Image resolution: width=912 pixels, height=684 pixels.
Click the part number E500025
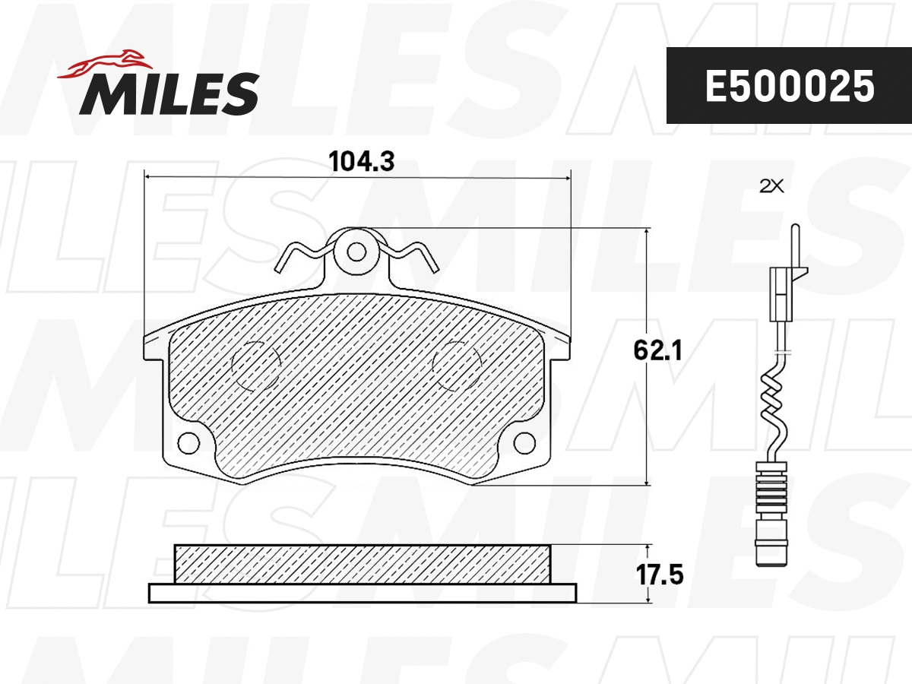point(789,87)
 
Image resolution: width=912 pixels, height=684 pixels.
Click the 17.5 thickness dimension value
point(660,574)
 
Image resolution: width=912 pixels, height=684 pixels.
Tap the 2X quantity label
point(771,186)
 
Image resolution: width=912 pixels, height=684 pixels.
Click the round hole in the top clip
point(356,250)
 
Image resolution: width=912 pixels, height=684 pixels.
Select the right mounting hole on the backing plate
point(525,442)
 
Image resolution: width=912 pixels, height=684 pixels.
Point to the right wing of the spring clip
point(414,254)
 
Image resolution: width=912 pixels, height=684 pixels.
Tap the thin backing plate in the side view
point(362,593)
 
